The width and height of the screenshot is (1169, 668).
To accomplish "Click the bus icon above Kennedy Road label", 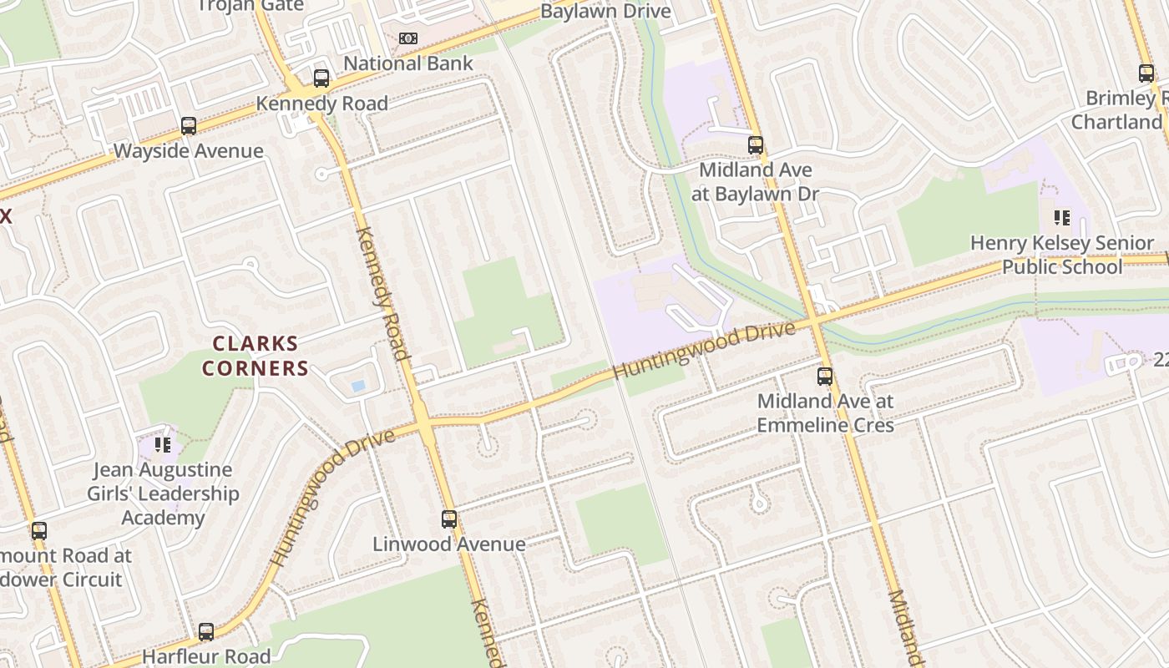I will coord(321,78).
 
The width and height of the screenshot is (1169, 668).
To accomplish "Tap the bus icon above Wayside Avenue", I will coord(189,126).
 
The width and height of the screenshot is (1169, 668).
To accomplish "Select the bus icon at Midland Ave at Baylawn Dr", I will coord(756,144).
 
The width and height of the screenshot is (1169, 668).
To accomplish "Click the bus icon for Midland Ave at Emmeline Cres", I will coord(825,376).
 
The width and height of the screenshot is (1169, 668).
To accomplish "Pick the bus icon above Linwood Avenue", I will coord(449,519).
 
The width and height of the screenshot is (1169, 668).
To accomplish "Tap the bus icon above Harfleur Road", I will coord(206,631).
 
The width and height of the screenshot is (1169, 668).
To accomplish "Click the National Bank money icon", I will coord(407,38).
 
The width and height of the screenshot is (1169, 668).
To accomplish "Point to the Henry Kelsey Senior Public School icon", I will coord(1061,218).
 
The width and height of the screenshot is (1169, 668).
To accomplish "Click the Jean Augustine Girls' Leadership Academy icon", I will coord(163,444).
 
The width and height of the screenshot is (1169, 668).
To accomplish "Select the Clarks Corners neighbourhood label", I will coord(255,356).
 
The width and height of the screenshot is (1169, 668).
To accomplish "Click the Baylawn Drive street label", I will coord(605,11).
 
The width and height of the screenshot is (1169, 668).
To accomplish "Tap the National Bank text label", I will coord(408,63).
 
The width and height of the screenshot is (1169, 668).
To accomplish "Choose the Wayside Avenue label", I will coord(188,151).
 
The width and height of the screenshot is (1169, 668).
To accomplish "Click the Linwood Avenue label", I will coord(449,544).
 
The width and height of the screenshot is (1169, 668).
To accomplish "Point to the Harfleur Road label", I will coord(206,656).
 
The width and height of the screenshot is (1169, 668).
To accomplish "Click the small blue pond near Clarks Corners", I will coord(358,386).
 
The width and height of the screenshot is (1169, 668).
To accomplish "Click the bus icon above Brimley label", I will coord(1146,73).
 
